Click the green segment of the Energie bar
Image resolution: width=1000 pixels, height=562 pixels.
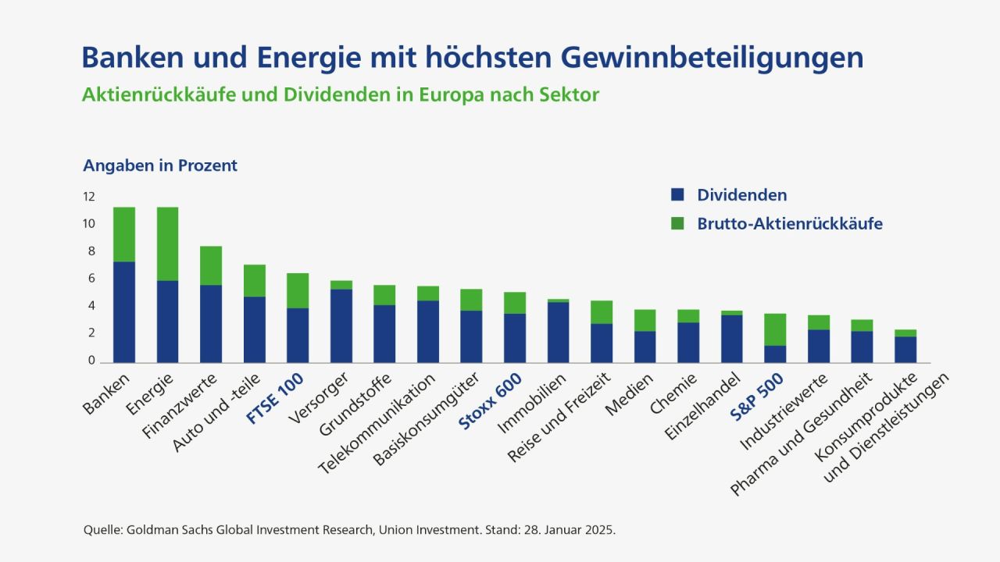coord(167,244)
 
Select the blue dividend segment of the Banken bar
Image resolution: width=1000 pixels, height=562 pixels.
coord(124,311)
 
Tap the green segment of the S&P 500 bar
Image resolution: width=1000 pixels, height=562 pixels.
coord(775,329)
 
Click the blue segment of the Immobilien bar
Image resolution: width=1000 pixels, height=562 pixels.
coord(558,332)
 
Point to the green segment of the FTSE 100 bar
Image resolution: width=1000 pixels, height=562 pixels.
coord(298,290)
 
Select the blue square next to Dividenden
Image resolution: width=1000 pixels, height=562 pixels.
coord(677,195)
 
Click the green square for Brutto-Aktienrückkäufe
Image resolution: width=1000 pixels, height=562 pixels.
coord(677,223)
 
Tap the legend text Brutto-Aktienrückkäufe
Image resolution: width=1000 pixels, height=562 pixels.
coord(790,223)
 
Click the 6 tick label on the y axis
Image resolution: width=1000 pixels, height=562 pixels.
coord(91,279)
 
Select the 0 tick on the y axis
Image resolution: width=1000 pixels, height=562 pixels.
coord(91,361)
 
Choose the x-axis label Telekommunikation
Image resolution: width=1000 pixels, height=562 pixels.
coord(377,425)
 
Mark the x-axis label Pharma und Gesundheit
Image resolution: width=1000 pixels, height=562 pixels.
coord(802,434)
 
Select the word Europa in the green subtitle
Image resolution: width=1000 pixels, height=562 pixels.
coord(455,95)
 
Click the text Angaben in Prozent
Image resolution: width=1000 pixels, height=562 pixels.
coord(160,165)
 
